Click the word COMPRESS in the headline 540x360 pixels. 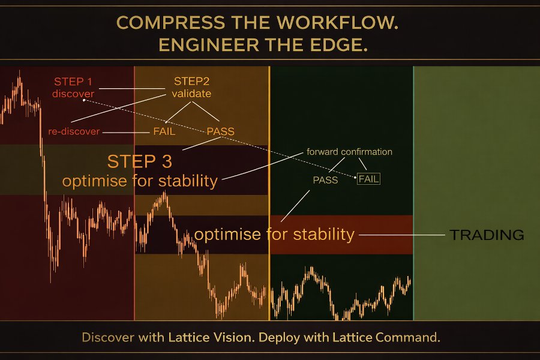171,23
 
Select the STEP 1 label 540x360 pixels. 73,82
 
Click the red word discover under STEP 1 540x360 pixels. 73,94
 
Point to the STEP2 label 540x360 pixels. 191,82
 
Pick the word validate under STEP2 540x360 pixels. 191,94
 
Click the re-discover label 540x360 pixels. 74,131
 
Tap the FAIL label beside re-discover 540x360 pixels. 164,131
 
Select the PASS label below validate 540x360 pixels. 220,131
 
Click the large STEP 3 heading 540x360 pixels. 139,161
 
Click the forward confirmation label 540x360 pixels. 350,152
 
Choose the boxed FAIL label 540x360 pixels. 368,179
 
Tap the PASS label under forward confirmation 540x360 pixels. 325,180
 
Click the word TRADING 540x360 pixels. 487,235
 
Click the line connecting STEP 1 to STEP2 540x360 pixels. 132,89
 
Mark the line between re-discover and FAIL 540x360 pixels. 126,132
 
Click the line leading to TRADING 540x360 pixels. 402,235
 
